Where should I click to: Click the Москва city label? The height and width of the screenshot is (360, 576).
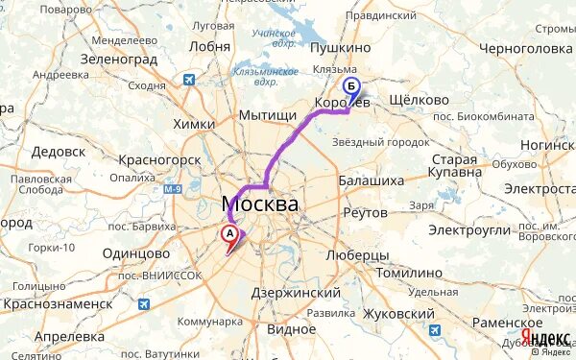pos(259,204)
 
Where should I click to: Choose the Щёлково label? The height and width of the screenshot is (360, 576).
pos(421,100)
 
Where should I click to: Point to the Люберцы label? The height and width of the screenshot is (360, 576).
pos(357,255)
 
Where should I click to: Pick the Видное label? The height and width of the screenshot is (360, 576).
pos(292,329)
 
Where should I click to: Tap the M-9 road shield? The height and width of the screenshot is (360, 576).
pos(173,191)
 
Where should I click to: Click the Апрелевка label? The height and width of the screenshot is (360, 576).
pos(69,337)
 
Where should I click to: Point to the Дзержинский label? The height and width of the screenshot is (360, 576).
pos(295,292)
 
